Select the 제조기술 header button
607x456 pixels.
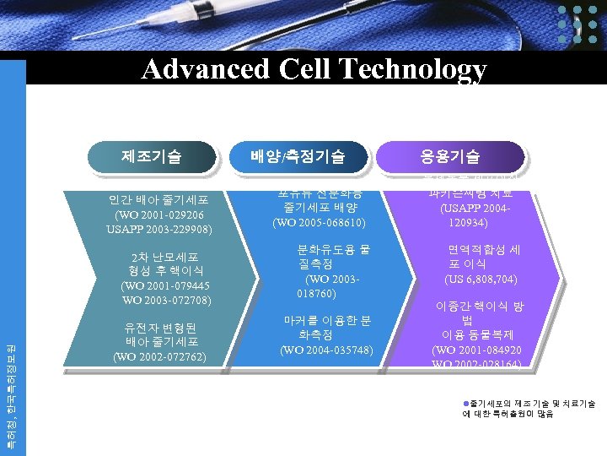tap(151, 155)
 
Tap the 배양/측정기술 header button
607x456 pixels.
tap(298, 156)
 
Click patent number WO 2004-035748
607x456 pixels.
tap(326, 350)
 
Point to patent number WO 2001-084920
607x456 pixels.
tap(476, 350)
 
